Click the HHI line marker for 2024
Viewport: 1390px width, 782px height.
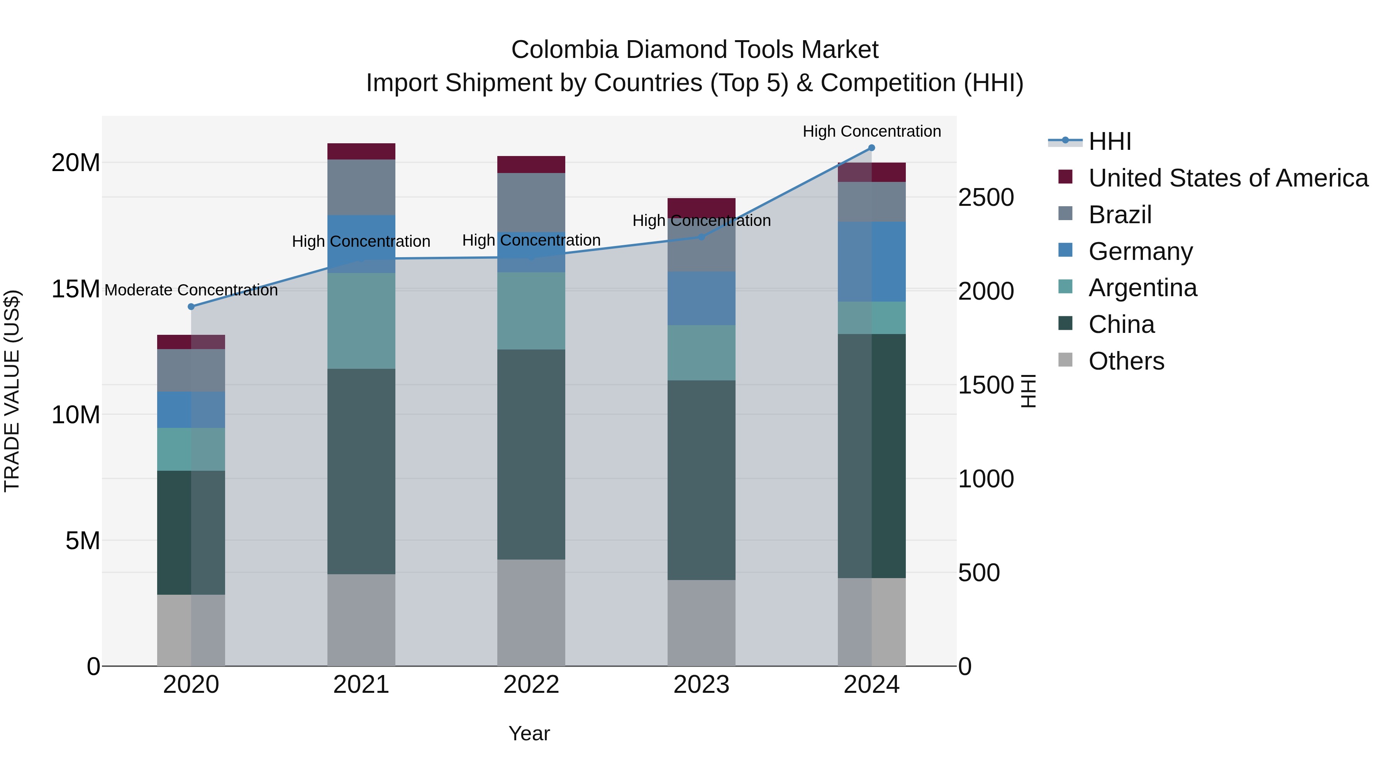[x=871, y=148]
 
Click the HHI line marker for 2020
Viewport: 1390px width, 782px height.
[x=191, y=307]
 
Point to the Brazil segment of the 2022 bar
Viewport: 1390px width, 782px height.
[x=531, y=202]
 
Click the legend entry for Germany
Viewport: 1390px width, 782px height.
[x=1140, y=251]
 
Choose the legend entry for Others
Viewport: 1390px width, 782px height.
[x=1126, y=361]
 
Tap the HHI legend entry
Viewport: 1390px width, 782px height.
[x=1109, y=141]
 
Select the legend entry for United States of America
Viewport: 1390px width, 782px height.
[x=1227, y=178]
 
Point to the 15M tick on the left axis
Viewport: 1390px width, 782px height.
[x=76, y=289]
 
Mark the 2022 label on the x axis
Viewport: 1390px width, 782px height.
[x=531, y=685]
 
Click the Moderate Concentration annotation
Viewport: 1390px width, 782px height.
[x=191, y=290]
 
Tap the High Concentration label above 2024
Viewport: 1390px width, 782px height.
[x=871, y=131]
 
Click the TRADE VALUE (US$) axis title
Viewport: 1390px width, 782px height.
[x=12, y=391]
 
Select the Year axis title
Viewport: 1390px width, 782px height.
[x=529, y=733]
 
